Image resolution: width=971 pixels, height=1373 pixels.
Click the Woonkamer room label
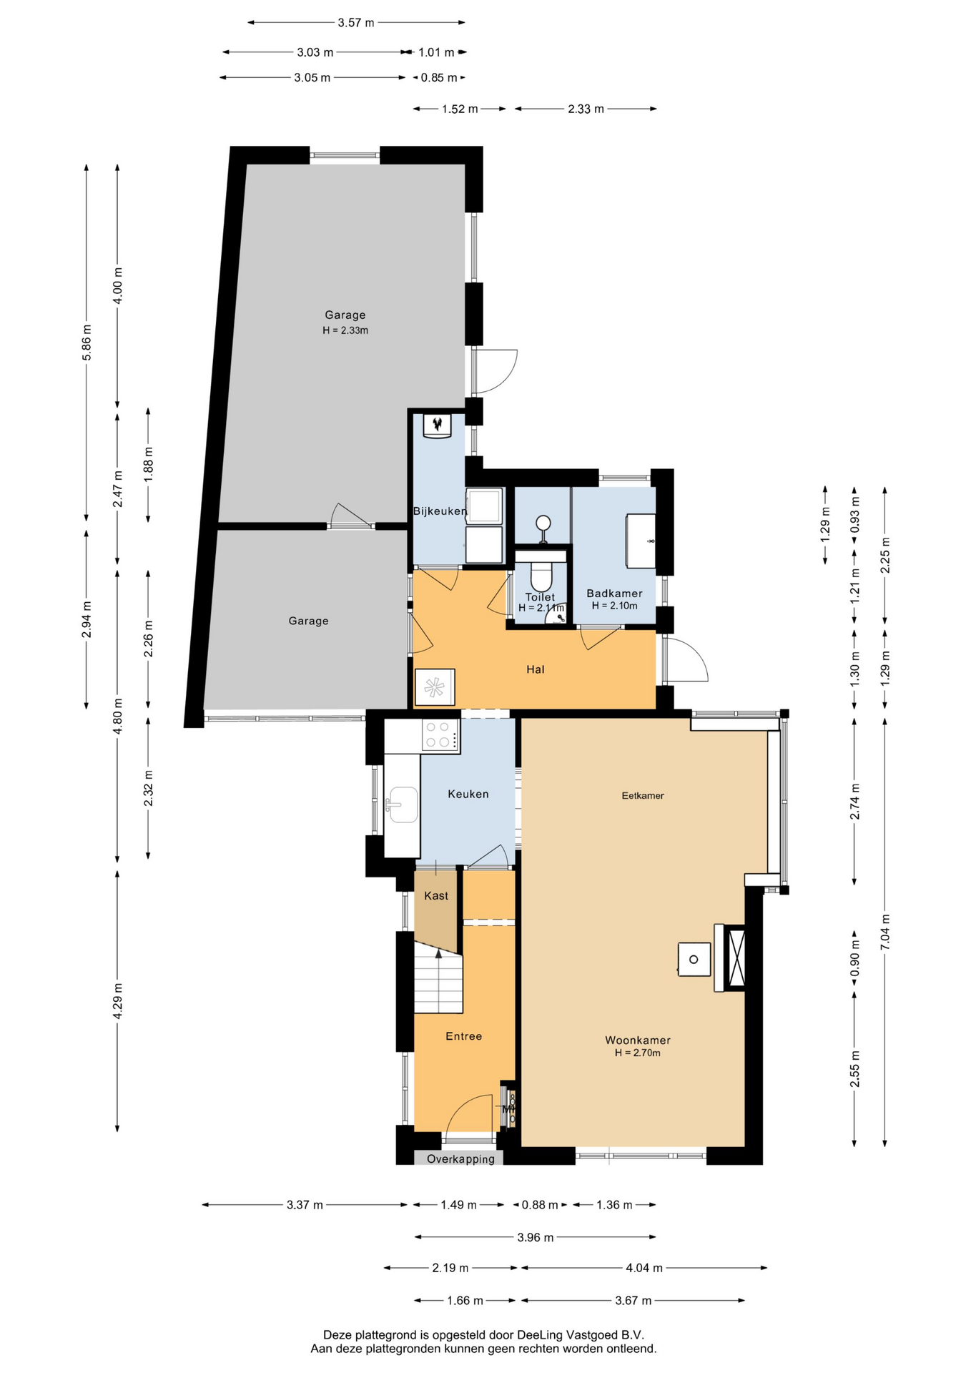pos(638,1040)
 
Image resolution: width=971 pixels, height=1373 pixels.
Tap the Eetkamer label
pos(643,795)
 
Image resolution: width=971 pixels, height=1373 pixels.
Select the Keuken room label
pos(468,794)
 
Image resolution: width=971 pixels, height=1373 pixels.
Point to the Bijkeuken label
pos(440,511)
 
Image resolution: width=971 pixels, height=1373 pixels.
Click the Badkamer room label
pos(614,593)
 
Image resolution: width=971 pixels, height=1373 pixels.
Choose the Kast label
pos(436,895)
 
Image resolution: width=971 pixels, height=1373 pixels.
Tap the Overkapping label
pos(460,1158)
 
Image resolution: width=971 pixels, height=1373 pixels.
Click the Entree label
pos(463,1035)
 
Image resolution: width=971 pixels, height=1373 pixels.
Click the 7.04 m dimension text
pos(885,932)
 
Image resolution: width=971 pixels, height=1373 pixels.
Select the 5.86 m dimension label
pos(87,343)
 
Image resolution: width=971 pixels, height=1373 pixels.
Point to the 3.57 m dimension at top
pos(356,23)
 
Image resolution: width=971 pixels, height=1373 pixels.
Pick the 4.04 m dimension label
pos(644,1268)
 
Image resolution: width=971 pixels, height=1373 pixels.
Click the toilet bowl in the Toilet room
pos(541,576)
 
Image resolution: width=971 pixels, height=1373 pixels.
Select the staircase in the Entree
pos(438,977)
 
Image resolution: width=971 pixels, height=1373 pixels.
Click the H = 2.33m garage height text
pos(345,330)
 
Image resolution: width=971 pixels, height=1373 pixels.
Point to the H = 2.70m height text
pos(638,1053)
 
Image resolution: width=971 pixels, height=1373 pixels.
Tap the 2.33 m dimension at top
pos(586,109)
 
